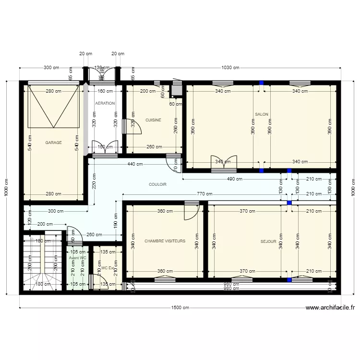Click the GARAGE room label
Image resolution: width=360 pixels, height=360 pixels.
coord(53,143)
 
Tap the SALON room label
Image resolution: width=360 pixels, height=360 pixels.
coord(262,114)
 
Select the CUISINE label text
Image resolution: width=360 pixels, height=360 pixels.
coord(153,120)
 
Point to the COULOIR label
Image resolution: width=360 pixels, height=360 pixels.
coord(157,184)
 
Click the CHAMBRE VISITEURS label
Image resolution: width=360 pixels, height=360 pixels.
coord(165,241)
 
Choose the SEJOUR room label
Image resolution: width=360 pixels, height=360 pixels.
coord(268,241)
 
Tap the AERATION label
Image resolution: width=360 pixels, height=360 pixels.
coord(105,103)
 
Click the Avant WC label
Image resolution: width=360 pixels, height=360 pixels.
coord(77,258)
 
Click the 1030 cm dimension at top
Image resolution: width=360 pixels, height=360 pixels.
coord(230,68)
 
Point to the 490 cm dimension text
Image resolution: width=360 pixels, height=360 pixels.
coord(234,179)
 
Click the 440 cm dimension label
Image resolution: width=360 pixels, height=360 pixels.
coord(135,164)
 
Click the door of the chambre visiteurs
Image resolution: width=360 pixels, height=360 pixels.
coord(191,210)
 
